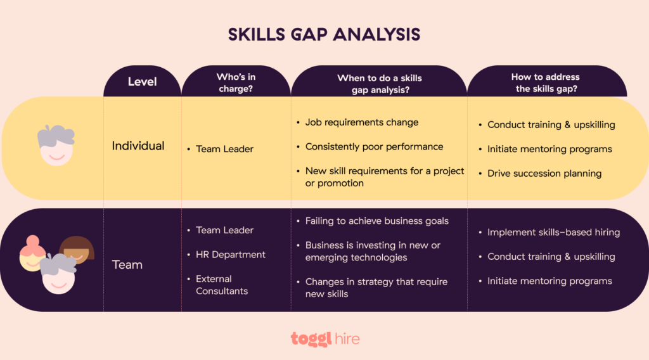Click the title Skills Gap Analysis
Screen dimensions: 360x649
324,34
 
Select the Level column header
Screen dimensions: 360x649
143,81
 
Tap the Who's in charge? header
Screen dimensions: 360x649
236,83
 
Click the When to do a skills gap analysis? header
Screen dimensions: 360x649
379,84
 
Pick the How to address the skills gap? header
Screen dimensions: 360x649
546,83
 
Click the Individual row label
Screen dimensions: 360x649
138,146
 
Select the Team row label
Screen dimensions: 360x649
127,264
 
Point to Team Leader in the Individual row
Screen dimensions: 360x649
224,149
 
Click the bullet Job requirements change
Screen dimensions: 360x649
362,122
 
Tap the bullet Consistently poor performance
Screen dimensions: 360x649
374,146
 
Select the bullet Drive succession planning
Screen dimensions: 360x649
544,173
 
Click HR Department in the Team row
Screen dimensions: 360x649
231,254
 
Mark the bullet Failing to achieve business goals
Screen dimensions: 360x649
376,221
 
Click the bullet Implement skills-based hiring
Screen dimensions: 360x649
553,232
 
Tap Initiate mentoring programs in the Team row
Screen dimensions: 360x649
549,281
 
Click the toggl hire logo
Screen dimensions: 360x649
325,339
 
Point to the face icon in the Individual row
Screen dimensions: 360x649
56,145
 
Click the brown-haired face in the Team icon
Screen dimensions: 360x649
77,250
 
